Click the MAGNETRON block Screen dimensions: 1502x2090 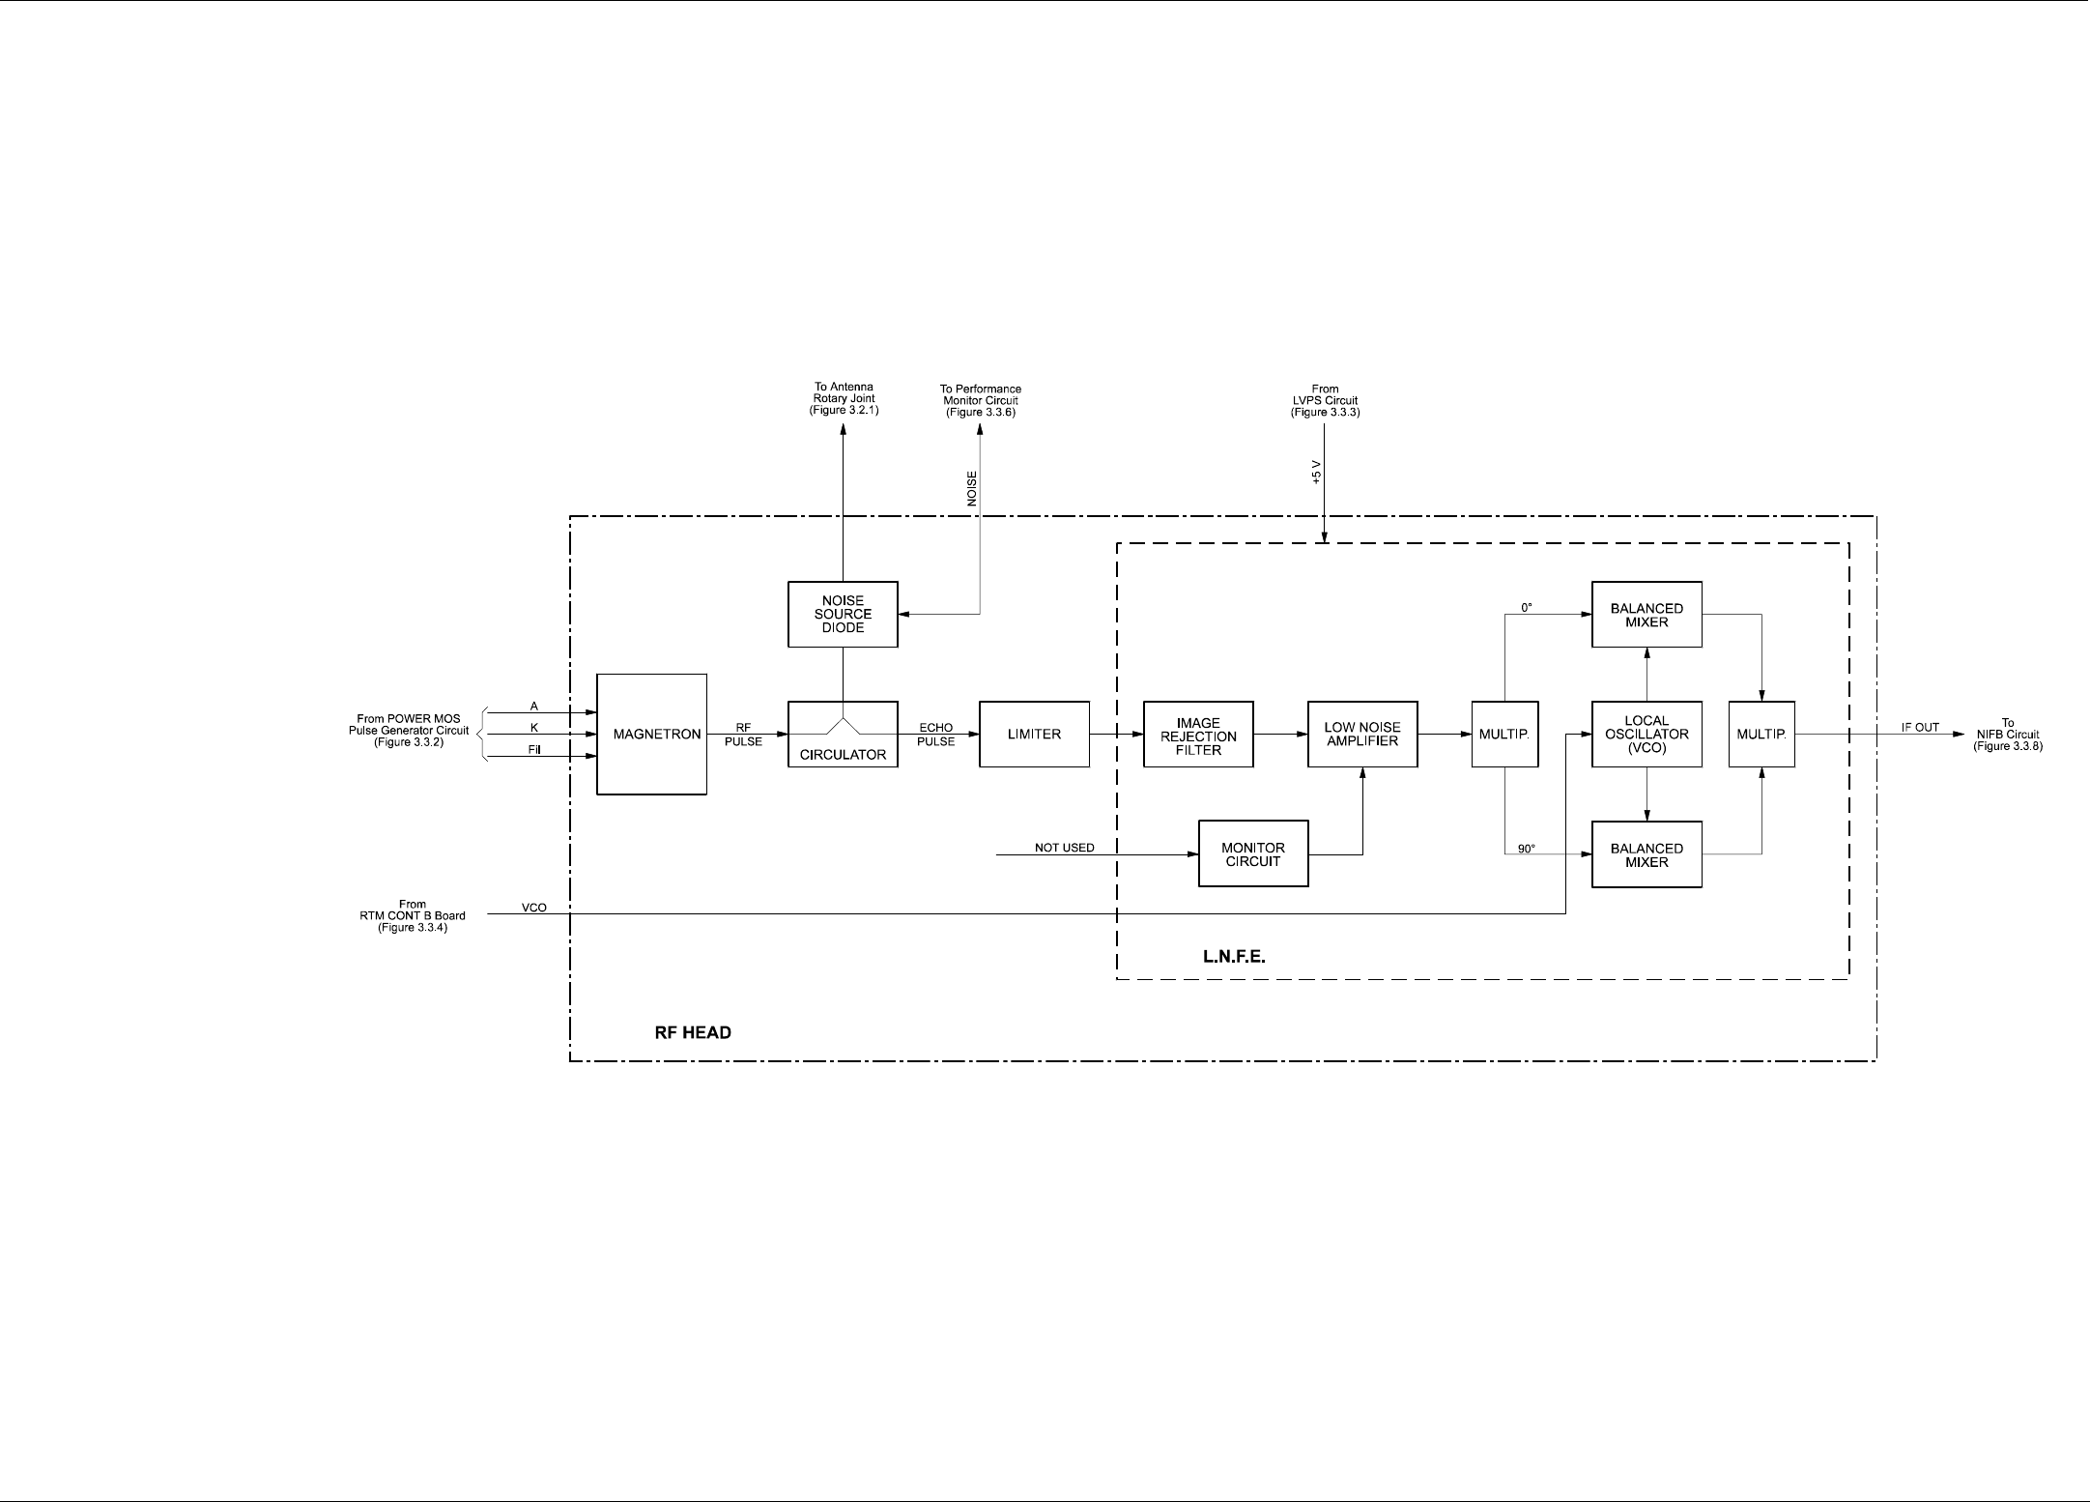point(651,735)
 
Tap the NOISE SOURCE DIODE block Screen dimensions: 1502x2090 point(843,615)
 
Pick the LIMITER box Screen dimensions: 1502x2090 point(1034,735)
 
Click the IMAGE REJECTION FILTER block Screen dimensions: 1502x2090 point(1198,736)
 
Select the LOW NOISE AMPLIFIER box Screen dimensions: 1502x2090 point(1362,735)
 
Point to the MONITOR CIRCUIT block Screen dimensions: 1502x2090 point(1253,854)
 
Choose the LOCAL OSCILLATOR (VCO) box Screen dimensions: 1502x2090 point(1646,735)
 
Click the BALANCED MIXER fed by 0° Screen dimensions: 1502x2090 point(1646,615)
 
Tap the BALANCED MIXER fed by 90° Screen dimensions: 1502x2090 point(1646,854)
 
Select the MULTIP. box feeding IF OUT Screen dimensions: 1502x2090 point(1761,735)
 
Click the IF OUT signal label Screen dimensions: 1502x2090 point(1920,727)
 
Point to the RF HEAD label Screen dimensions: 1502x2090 point(693,1032)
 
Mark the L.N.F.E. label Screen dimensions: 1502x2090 point(1234,957)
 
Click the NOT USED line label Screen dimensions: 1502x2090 point(1065,848)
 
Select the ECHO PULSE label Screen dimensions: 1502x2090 point(936,735)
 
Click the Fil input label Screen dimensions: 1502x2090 point(534,750)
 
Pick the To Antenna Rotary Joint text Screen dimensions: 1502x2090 point(844,399)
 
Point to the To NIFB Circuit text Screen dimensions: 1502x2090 point(2008,735)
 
